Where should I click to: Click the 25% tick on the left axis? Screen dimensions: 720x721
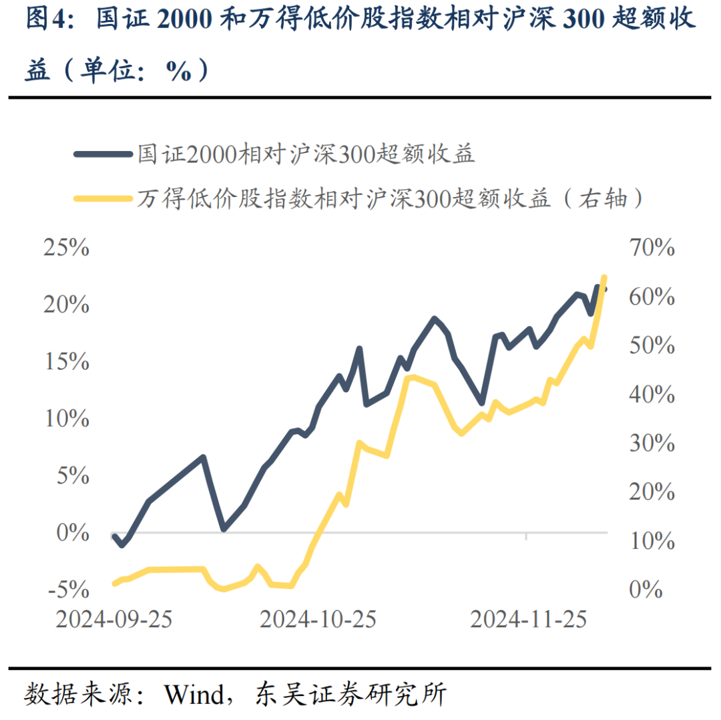tap(66, 248)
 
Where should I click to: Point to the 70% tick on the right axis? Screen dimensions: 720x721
tap(652, 248)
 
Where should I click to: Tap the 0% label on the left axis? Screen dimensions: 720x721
tap(72, 533)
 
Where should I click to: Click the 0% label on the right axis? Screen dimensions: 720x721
tap(645, 590)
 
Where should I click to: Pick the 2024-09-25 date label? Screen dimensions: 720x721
tap(114, 619)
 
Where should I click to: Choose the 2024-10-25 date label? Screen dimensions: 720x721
tap(318, 619)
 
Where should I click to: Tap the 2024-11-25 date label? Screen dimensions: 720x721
tap(528, 619)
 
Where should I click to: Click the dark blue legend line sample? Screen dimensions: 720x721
tap(103, 155)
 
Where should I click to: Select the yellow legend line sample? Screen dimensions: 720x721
tap(103, 198)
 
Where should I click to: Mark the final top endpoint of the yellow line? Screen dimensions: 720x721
tap(604, 277)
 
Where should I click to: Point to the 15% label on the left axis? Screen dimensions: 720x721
tap(66, 362)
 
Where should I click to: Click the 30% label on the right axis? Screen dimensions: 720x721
tap(652, 443)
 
